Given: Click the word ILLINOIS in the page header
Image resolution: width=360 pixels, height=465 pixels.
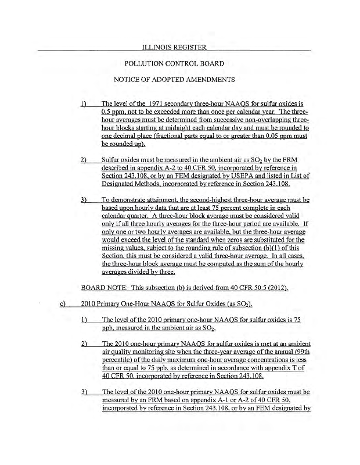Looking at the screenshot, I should coord(153,46).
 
